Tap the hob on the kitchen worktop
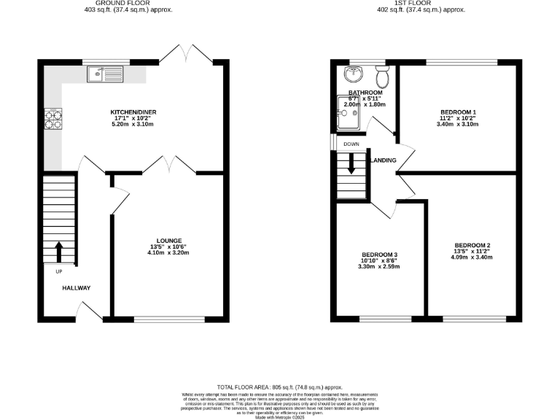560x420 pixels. click(x=53, y=119)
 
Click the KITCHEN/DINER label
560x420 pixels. click(x=133, y=112)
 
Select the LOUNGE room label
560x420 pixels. click(x=169, y=241)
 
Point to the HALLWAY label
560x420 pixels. click(x=76, y=288)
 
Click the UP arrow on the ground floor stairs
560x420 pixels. click(x=59, y=252)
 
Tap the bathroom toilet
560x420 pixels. click(x=382, y=76)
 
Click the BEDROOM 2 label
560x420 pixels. click(x=472, y=245)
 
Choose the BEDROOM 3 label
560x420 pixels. click(x=379, y=254)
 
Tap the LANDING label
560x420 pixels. click(x=384, y=160)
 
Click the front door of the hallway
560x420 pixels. click(x=91, y=312)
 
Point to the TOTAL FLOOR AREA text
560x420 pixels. click(x=280, y=386)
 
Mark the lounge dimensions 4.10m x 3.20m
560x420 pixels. click(x=169, y=253)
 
